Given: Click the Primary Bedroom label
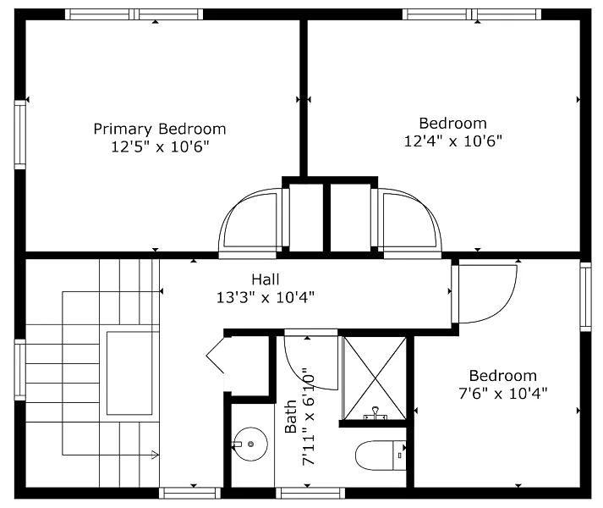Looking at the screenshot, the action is pyautogui.click(x=160, y=129).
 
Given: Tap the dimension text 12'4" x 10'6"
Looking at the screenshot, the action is pyautogui.click(x=453, y=141).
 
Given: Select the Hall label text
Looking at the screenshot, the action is pyautogui.click(x=266, y=279).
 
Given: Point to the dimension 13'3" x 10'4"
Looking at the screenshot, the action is pyautogui.click(x=266, y=297).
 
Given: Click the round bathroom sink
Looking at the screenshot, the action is pyautogui.click(x=250, y=444).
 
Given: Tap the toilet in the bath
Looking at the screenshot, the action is pyautogui.click(x=381, y=456).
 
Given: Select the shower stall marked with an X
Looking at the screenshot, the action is pyautogui.click(x=375, y=378).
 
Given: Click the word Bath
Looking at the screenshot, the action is pyautogui.click(x=291, y=417).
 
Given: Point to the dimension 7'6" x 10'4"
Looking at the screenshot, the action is pyautogui.click(x=503, y=394).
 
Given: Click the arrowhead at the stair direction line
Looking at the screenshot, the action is pyautogui.click(x=155, y=455).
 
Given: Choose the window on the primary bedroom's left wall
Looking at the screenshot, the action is pyautogui.click(x=20, y=135).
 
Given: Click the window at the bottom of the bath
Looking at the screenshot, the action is pyautogui.click(x=310, y=493).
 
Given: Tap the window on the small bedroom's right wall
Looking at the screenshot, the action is pyautogui.click(x=586, y=296).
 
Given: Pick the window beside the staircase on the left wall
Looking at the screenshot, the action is pyautogui.click(x=20, y=370).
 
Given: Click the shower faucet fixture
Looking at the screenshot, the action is pyautogui.click(x=375, y=413).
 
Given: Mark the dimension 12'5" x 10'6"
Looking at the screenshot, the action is pyautogui.click(x=160, y=146).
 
